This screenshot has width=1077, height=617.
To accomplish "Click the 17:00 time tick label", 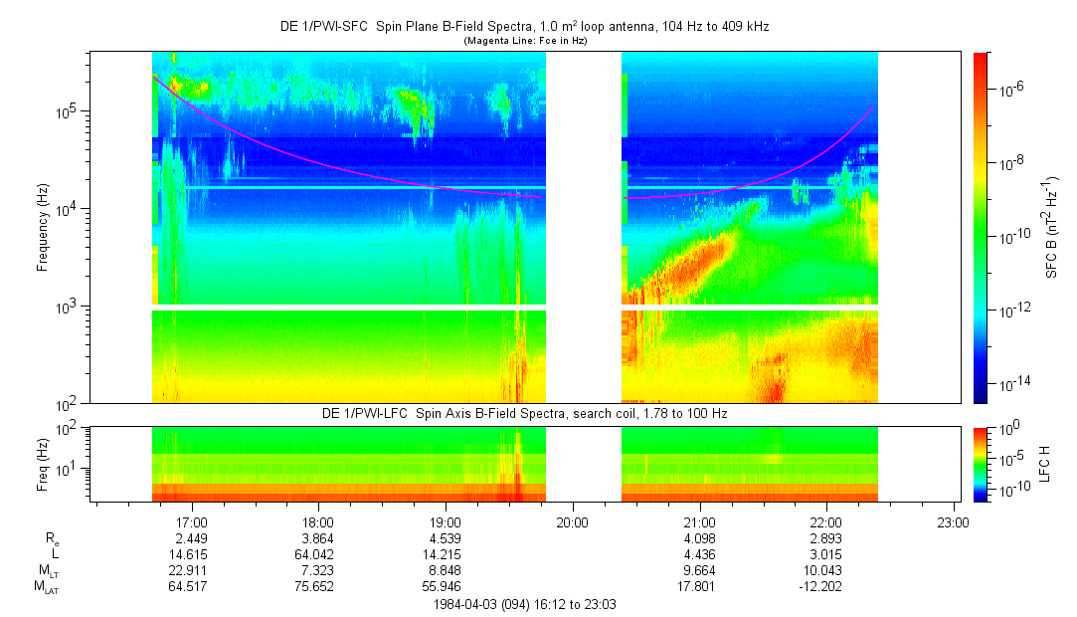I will tap(191, 521).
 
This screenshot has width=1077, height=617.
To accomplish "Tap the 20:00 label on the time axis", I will tap(573, 521).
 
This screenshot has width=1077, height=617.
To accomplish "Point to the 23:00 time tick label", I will tap(954, 521).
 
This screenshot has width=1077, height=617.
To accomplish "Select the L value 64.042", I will tap(317, 553).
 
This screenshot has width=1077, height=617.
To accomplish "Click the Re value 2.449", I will tap(191, 537).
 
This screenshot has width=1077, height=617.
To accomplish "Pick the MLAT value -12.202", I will tap(826, 586).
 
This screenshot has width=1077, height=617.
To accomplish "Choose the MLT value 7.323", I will tap(317, 570).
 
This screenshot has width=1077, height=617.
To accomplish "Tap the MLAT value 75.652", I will tap(317, 586).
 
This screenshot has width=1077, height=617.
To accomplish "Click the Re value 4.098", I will tap(699, 537).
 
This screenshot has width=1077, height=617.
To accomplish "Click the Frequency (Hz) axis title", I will tap(43, 227).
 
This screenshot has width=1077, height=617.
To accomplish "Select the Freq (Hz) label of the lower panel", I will tap(43, 464).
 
